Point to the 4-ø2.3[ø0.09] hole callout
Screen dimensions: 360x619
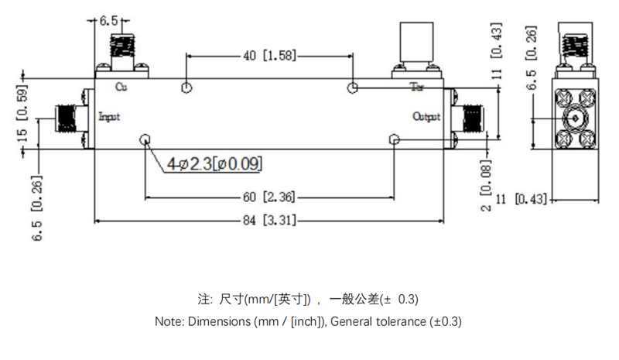pos(214,163)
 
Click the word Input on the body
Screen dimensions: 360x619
pos(110,116)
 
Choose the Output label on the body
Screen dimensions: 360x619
pos(426,117)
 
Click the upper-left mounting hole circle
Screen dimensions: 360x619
pos(186,87)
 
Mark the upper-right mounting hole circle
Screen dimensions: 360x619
pos(353,87)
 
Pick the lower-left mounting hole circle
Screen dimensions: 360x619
pos(145,139)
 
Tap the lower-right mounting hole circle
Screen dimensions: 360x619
pos(395,139)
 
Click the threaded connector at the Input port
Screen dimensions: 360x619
pos(68,118)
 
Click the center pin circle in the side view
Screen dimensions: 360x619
pos(575,119)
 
